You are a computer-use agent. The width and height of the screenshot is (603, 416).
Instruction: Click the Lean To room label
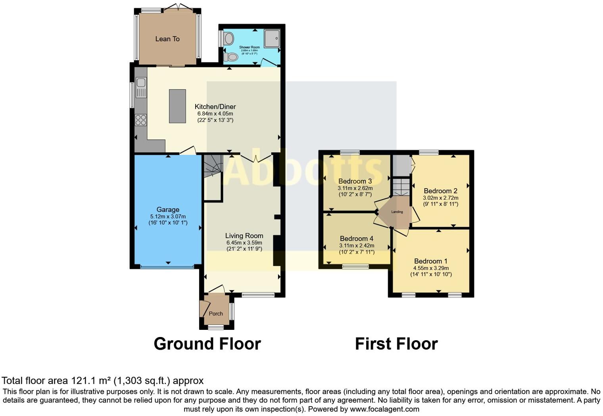pyautogui.click(x=167, y=39)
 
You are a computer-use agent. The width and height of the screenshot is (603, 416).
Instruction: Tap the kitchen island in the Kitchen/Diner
pyautogui.click(x=177, y=106)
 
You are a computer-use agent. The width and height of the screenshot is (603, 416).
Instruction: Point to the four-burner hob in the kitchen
pyautogui.click(x=141, y=119)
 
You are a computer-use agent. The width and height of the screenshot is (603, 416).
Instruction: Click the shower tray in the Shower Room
pyautogui.click(x=272, y=39)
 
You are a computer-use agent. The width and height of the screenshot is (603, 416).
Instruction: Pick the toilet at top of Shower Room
pyautogui.click(x=229, y=39)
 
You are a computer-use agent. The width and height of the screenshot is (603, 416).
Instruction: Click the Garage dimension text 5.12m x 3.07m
pyautogui.click(x=168, y=216)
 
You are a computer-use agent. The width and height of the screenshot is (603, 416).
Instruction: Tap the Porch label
pyautogui.click(x=216, y=314)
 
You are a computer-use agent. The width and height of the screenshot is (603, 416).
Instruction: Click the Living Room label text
pyautogui.click(x=244, y=236)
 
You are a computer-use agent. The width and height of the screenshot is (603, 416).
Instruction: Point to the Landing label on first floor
pyautogui.click(x=397, y=212)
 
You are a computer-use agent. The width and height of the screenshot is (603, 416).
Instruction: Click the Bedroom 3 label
pyautogui.click(x=355, y=181)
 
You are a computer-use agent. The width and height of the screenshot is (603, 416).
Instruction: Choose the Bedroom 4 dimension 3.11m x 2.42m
pyautogui.click(x=356, y=246)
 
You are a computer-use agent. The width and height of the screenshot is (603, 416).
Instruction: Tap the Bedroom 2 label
pyautogui.click(x=440, y=191)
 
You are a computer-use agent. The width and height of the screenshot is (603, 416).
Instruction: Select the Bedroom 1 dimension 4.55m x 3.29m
pyautogui.click(x=431, y=268)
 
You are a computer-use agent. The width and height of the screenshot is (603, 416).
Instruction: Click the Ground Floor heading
pyautogui.click(x=207, y=344)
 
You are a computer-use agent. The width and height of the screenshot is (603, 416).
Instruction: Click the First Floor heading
pyautogui.click(x=396, y=344)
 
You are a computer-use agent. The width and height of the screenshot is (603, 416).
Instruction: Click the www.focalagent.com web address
pyautogui.click(x=384, y=409)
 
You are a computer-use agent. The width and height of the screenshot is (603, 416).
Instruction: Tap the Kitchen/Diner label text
pyautogui.click(x=215, y=107)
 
